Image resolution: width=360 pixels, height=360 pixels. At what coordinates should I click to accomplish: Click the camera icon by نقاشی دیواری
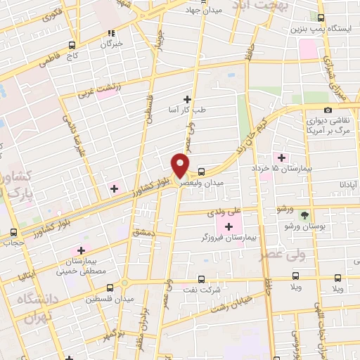tap(328, 110)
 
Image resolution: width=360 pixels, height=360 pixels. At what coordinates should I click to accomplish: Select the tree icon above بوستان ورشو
tap(304, 214)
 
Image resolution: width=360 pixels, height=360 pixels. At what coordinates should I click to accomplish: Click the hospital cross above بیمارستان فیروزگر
tap(229, 226)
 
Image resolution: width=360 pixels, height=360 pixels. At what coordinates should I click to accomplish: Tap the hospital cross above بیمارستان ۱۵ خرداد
tap(283, 157)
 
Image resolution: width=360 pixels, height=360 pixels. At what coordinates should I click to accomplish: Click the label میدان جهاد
tap(203, 11)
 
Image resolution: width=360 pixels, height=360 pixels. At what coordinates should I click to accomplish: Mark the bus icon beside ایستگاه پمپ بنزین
tap(321, 18)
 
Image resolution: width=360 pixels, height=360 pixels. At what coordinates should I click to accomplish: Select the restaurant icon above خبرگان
tap(111, 32)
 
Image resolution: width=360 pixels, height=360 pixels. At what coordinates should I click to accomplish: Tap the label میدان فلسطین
tap(104, 299)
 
